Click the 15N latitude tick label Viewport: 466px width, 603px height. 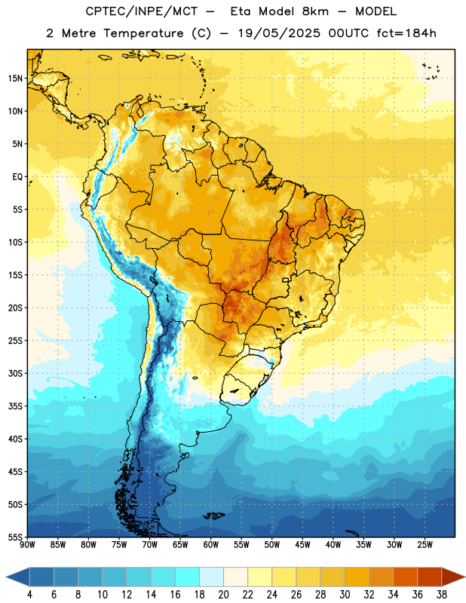click(x=15, y=78)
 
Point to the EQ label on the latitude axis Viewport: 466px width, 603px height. click(x=17, y=177)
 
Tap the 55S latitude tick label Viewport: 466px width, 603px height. click(x=15, y=537)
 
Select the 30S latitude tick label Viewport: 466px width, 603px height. click(x=15, y=373)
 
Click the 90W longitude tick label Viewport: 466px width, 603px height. click(x=28, y=544)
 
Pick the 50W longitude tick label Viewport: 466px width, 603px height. click(x=272, y=544)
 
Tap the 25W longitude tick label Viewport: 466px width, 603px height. click(x=425, y=544)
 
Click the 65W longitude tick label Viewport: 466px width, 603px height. click(x=180, y=544)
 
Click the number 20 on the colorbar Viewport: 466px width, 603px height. click(x=223, y=595)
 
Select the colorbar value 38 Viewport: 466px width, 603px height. click(x=442, y=595)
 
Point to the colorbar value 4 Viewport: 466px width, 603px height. click(x=29, y=595)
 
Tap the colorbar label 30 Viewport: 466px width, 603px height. click(x=345, y=595)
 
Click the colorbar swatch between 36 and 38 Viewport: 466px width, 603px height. click(x=430, y=577)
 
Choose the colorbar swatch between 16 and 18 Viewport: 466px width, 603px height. click(x=187, y=577)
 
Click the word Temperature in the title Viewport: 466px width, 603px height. click(x=143, y=33)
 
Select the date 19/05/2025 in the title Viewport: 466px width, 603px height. click(x=278, y=33)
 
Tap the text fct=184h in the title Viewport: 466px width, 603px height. click(x=406, y=33)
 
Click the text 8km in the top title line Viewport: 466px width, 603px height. click(x=315, y=11)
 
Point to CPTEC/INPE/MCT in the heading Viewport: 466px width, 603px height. click(x=142, y=12)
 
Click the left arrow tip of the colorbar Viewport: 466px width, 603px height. click(x=6, y=577)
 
